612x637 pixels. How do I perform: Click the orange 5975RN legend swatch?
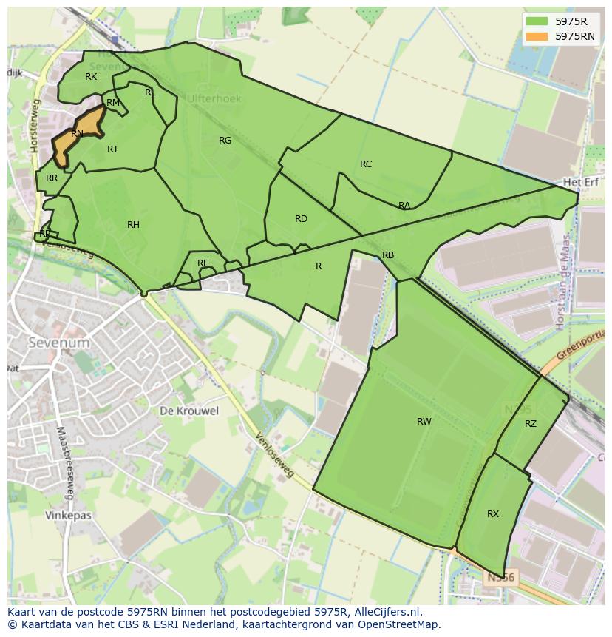click(x=538, y=36)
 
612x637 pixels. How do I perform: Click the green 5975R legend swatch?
click(x=538, y=21)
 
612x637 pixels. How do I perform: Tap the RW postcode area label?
click(x=424, y=422)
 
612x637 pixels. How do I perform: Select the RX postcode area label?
click(x=493, y=514)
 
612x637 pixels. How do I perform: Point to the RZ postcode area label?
click(x=531, y=424)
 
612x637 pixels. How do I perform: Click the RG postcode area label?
click(x=225, y=141)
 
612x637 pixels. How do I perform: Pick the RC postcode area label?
click(x=366, y=164)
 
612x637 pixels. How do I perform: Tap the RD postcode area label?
click(x=301, y=219)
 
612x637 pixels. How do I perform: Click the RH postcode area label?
click(x=133, y=225)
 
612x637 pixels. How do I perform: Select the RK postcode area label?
click(x=91, y=77)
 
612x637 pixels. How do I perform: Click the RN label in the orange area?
click(x=77, y=134)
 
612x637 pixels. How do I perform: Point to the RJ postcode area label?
click(x=112, y=149)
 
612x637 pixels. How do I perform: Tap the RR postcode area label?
click(x=52, y=178)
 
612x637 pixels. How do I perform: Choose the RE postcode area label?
click(x=203, y=263)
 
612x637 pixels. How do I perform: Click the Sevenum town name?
click(x=59, y=343)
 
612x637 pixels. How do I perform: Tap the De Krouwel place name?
click(x=189, y=411)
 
